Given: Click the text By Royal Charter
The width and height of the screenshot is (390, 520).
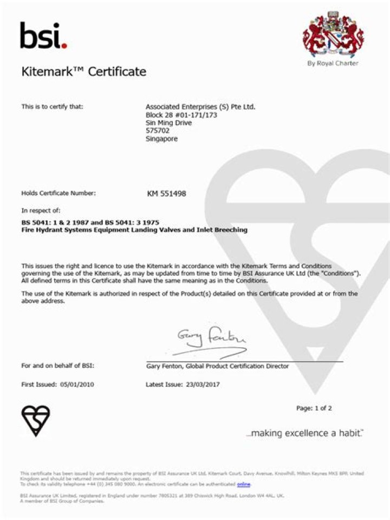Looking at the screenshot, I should coord(333,63).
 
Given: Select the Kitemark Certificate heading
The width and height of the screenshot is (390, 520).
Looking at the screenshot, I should coord(83,71).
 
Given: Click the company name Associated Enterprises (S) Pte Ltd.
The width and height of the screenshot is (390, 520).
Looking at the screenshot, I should coord(200,107).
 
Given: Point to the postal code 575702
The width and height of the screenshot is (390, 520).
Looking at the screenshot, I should coord(157,131).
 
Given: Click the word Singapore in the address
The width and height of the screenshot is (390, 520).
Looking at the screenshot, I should coord(161,139).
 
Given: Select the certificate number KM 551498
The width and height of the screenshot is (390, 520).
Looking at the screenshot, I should coord(167,193).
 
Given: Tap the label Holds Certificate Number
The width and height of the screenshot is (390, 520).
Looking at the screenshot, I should coord(58,193).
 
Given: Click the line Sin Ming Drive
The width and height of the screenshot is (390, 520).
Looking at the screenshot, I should coord(168,122).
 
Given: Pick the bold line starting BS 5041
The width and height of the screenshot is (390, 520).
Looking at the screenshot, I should coord(90,223).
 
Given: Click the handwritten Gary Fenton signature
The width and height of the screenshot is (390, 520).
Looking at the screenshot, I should coord(211,339).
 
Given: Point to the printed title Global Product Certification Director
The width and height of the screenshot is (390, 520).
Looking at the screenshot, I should coord(237,366).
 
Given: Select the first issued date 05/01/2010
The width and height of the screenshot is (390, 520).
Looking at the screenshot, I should coord(76,385).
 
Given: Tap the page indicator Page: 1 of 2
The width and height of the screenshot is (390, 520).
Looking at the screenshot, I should coord(314,408).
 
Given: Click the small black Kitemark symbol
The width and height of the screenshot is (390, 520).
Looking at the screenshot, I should coord(36,420).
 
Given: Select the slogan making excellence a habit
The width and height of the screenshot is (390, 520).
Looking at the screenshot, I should coord(304,433).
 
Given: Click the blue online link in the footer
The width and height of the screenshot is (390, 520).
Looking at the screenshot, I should coord(243,484).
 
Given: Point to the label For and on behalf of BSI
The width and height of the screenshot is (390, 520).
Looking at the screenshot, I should coord(57,366).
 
